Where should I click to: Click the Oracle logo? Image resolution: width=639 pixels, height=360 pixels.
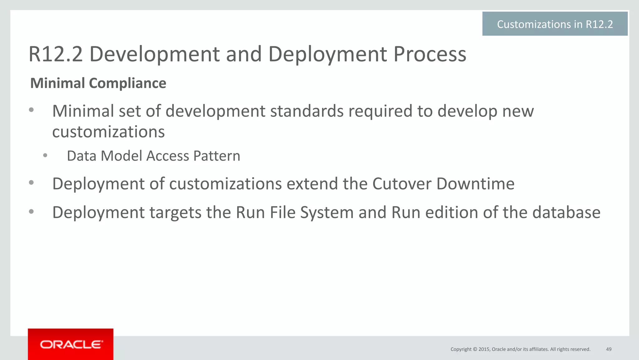pos(71,344)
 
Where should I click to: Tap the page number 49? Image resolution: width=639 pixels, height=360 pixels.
pos(608,349)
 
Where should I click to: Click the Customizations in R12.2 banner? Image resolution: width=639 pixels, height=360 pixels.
pos(555,24)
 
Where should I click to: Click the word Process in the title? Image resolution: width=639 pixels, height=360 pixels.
pos(430,54)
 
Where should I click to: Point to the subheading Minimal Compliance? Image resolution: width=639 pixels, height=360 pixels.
pos(98,83)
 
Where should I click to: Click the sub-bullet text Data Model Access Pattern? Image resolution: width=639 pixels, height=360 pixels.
pos(154,156)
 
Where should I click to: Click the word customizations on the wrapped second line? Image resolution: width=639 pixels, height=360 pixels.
pos(108,132)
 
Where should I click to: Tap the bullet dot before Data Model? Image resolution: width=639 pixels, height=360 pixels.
pos(45,155)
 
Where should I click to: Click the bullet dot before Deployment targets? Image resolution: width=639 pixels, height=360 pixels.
pos(31,212)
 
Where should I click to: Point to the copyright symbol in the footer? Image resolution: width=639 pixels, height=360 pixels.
pos(475,349)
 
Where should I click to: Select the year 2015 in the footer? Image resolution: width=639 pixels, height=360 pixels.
pos(484,349)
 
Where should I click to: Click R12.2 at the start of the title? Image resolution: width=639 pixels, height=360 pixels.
pos(56,54)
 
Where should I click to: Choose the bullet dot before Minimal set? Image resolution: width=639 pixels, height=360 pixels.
pos(31,110)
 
